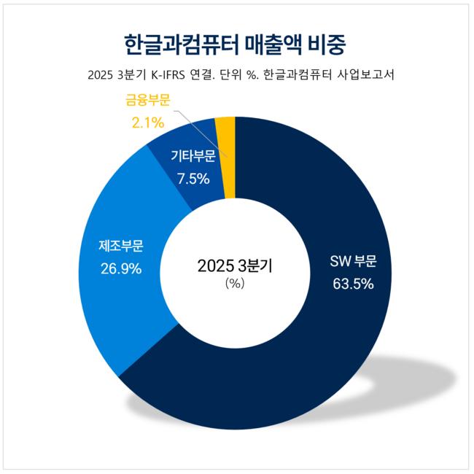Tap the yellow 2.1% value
click(148, 123)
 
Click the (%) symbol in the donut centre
click(235, 284)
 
